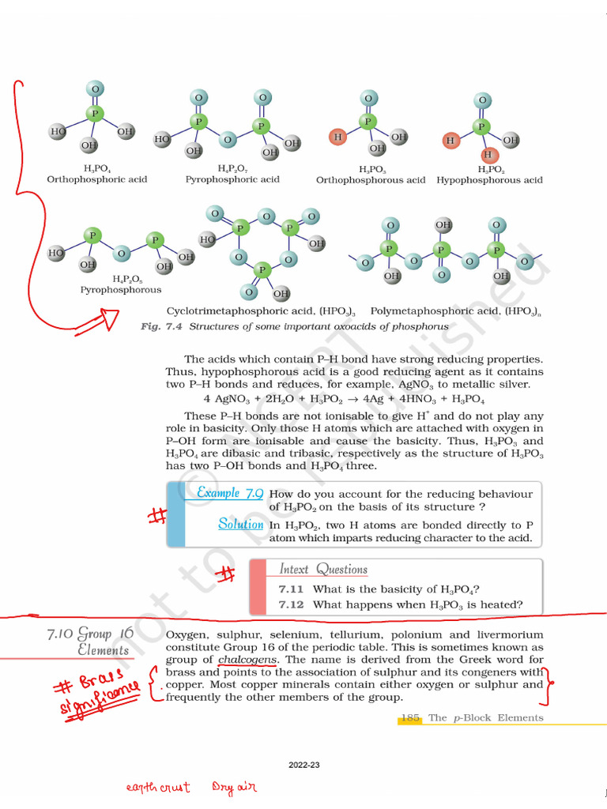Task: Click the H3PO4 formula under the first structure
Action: pyautogui.click(x=96, y=169)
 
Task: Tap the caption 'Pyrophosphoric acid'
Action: pyautogui.click(x=232, y=180)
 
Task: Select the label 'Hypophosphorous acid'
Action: pyautogui.click(x=490, y=180)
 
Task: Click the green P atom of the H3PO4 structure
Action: pyautogui.click(x=95, y=114)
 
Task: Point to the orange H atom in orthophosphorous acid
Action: pyautogui.click(x=338, y=137)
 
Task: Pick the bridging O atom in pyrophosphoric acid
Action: pyautogui.click(x=228, y=140)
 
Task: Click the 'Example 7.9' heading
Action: pyautogui.click(x=230, y=493)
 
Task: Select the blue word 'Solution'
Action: pyautogui.click(x=240, y=524)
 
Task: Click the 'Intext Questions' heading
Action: pyautogui.click(x=323, y=570)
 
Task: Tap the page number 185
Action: pyautogui.click(x=409, y=718)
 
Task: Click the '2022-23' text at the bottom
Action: pyautogui.click(x=303, y=766)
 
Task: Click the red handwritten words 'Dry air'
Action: pyautogui.click(x=234, y=788)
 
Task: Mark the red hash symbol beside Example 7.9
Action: pyautogui.click(x=156, y=516)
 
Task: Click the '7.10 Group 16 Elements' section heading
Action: pyautogui.click(x=91, y=642)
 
